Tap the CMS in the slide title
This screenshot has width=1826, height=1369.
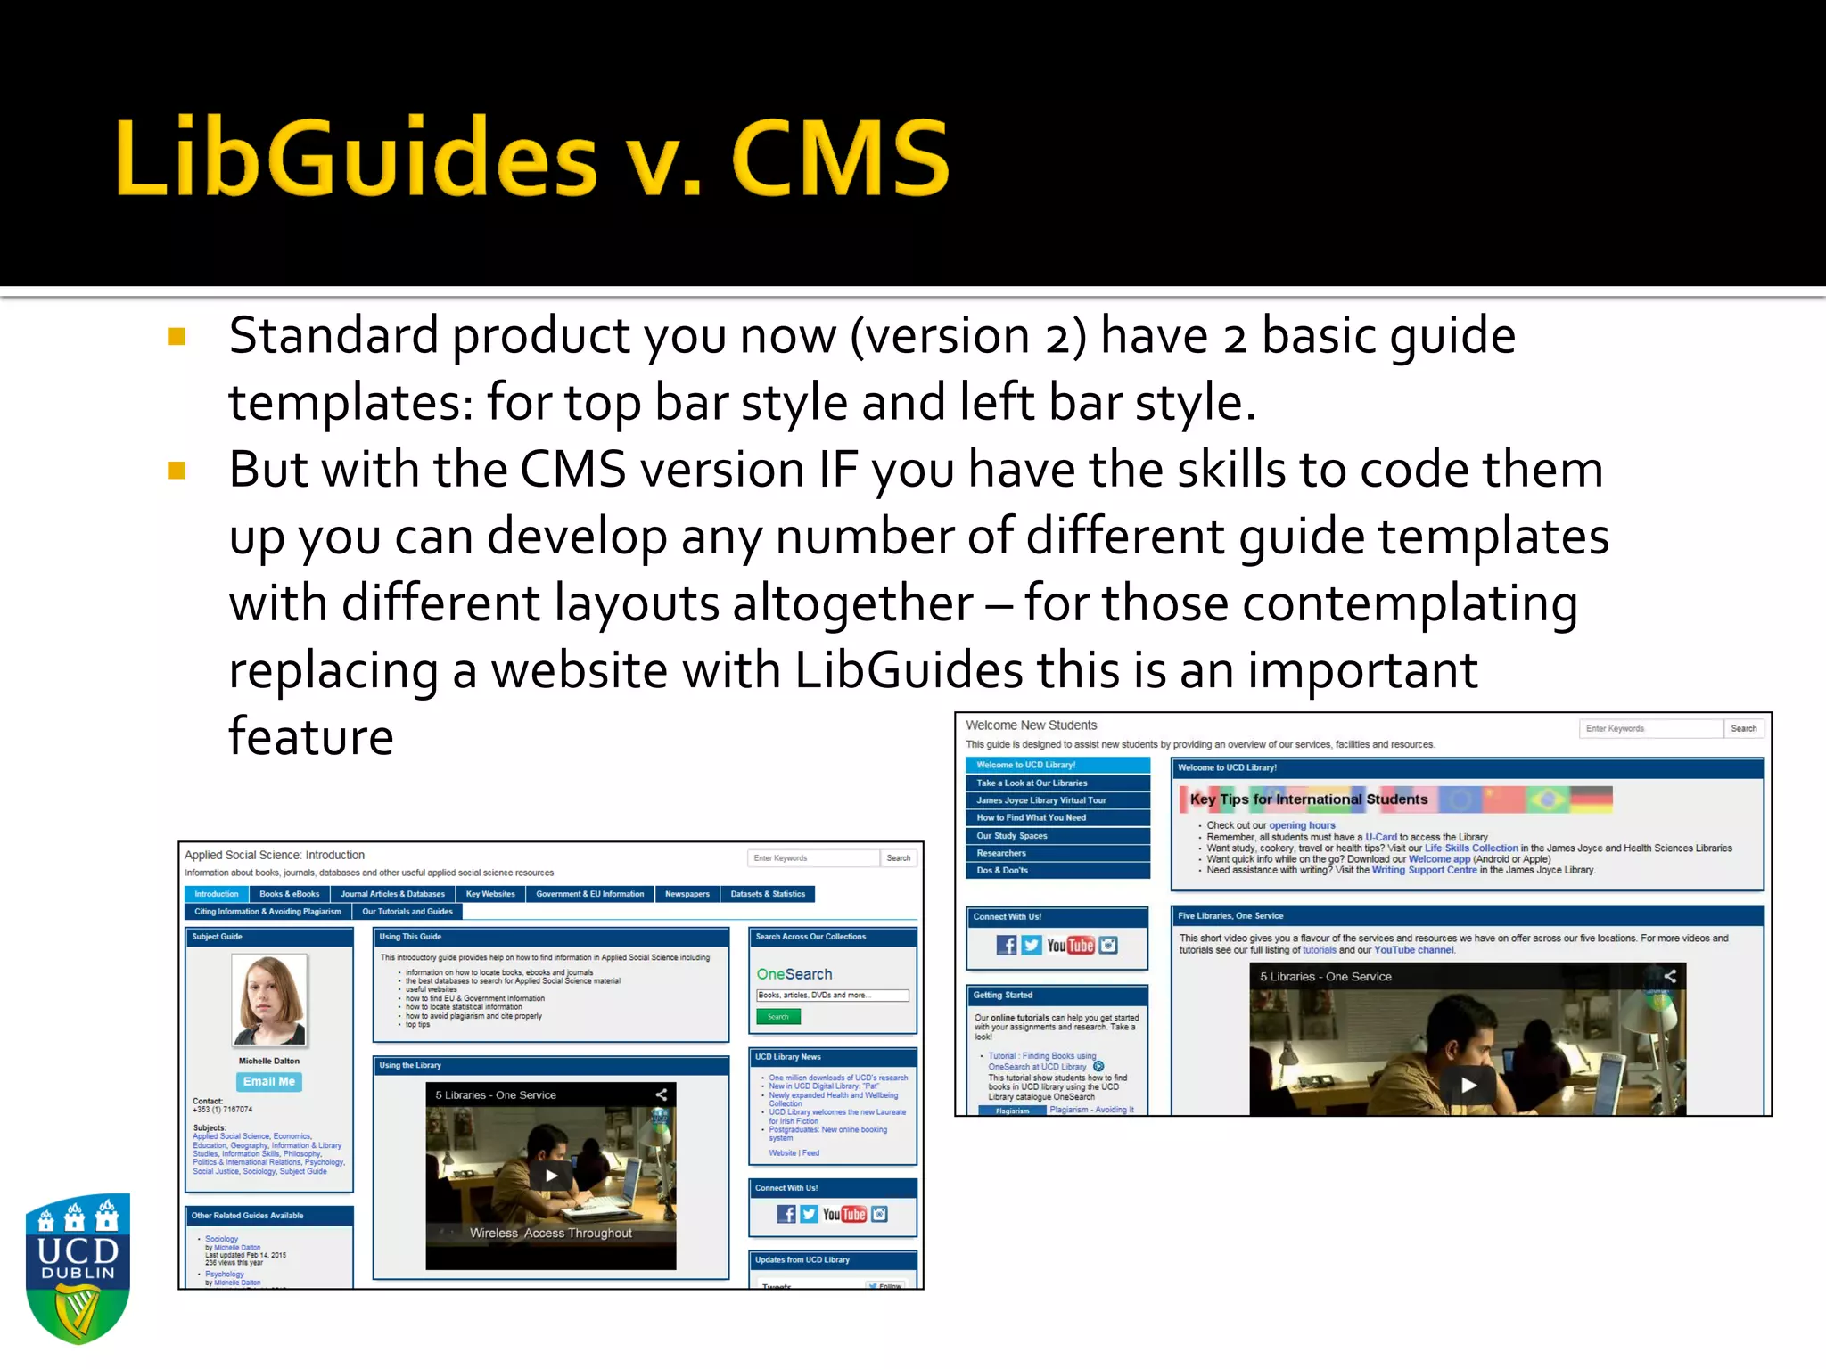point(840,158)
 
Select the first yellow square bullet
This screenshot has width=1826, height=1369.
point(177,337)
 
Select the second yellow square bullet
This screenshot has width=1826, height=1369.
point(177,471)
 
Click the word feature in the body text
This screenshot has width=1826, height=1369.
point(310,737)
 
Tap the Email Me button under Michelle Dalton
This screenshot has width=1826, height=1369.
point(268,1081)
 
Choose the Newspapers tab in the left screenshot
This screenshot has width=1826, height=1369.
point(687,894)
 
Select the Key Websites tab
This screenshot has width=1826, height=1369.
point(490,894)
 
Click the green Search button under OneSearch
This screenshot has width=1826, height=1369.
point(778,1017)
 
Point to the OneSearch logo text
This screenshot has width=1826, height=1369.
point(794,974)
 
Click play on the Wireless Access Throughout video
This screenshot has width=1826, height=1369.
point(551,1176)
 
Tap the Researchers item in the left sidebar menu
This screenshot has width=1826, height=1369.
point(1001,853)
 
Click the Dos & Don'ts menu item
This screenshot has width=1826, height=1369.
point(1002,870)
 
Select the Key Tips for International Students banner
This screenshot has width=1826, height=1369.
point(1309,799)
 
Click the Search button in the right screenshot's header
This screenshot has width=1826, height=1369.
point(1743,728)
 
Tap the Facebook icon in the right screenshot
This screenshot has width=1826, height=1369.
point(1006,945)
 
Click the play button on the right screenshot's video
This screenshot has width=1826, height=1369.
point(1468,1085)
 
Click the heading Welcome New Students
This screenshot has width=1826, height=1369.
point(1031,725)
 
